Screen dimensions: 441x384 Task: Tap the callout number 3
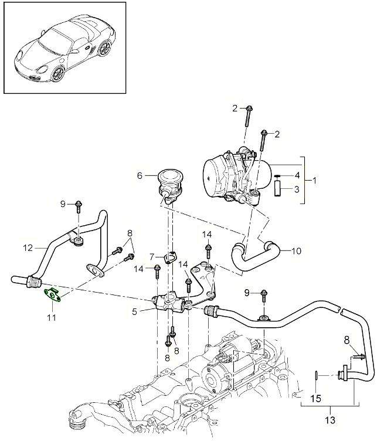coord(297,189)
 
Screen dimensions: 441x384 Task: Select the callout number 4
coord(297,175)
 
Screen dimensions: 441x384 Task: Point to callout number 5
coord(135,311)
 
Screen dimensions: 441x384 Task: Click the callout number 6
coord(140,175)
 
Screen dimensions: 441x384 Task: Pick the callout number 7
coord(151,257)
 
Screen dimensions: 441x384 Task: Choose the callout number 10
coord(296,251)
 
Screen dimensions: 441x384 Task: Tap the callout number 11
coord(51,318)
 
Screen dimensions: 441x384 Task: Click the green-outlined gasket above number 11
coord(53,295)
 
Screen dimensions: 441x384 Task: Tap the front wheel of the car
coord(58,74)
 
